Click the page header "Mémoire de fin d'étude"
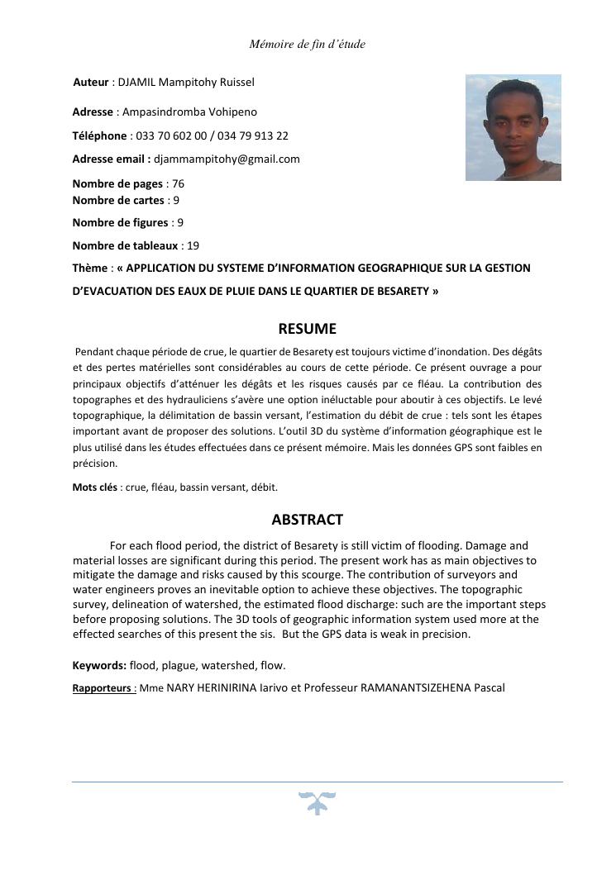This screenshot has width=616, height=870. coord(307,44)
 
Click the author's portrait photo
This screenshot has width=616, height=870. coord(513,127)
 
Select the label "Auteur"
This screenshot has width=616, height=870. coord(91,83)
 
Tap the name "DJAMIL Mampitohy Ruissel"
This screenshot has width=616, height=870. coord(186,83)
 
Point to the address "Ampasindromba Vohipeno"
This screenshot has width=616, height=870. coord(189,112)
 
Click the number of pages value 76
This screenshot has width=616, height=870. coord(178,184)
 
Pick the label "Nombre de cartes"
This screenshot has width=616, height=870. coord(117,200)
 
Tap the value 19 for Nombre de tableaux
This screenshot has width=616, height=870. coord(193,245)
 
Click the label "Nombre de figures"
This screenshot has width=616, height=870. coord(120,222)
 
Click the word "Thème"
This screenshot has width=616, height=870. coord(89,268)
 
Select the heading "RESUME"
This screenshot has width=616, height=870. coord(307,329)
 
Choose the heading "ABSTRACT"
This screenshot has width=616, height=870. coord(307,520)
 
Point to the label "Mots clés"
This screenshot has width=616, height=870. coord(94,487)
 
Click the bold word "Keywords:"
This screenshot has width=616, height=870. coord(99,665)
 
